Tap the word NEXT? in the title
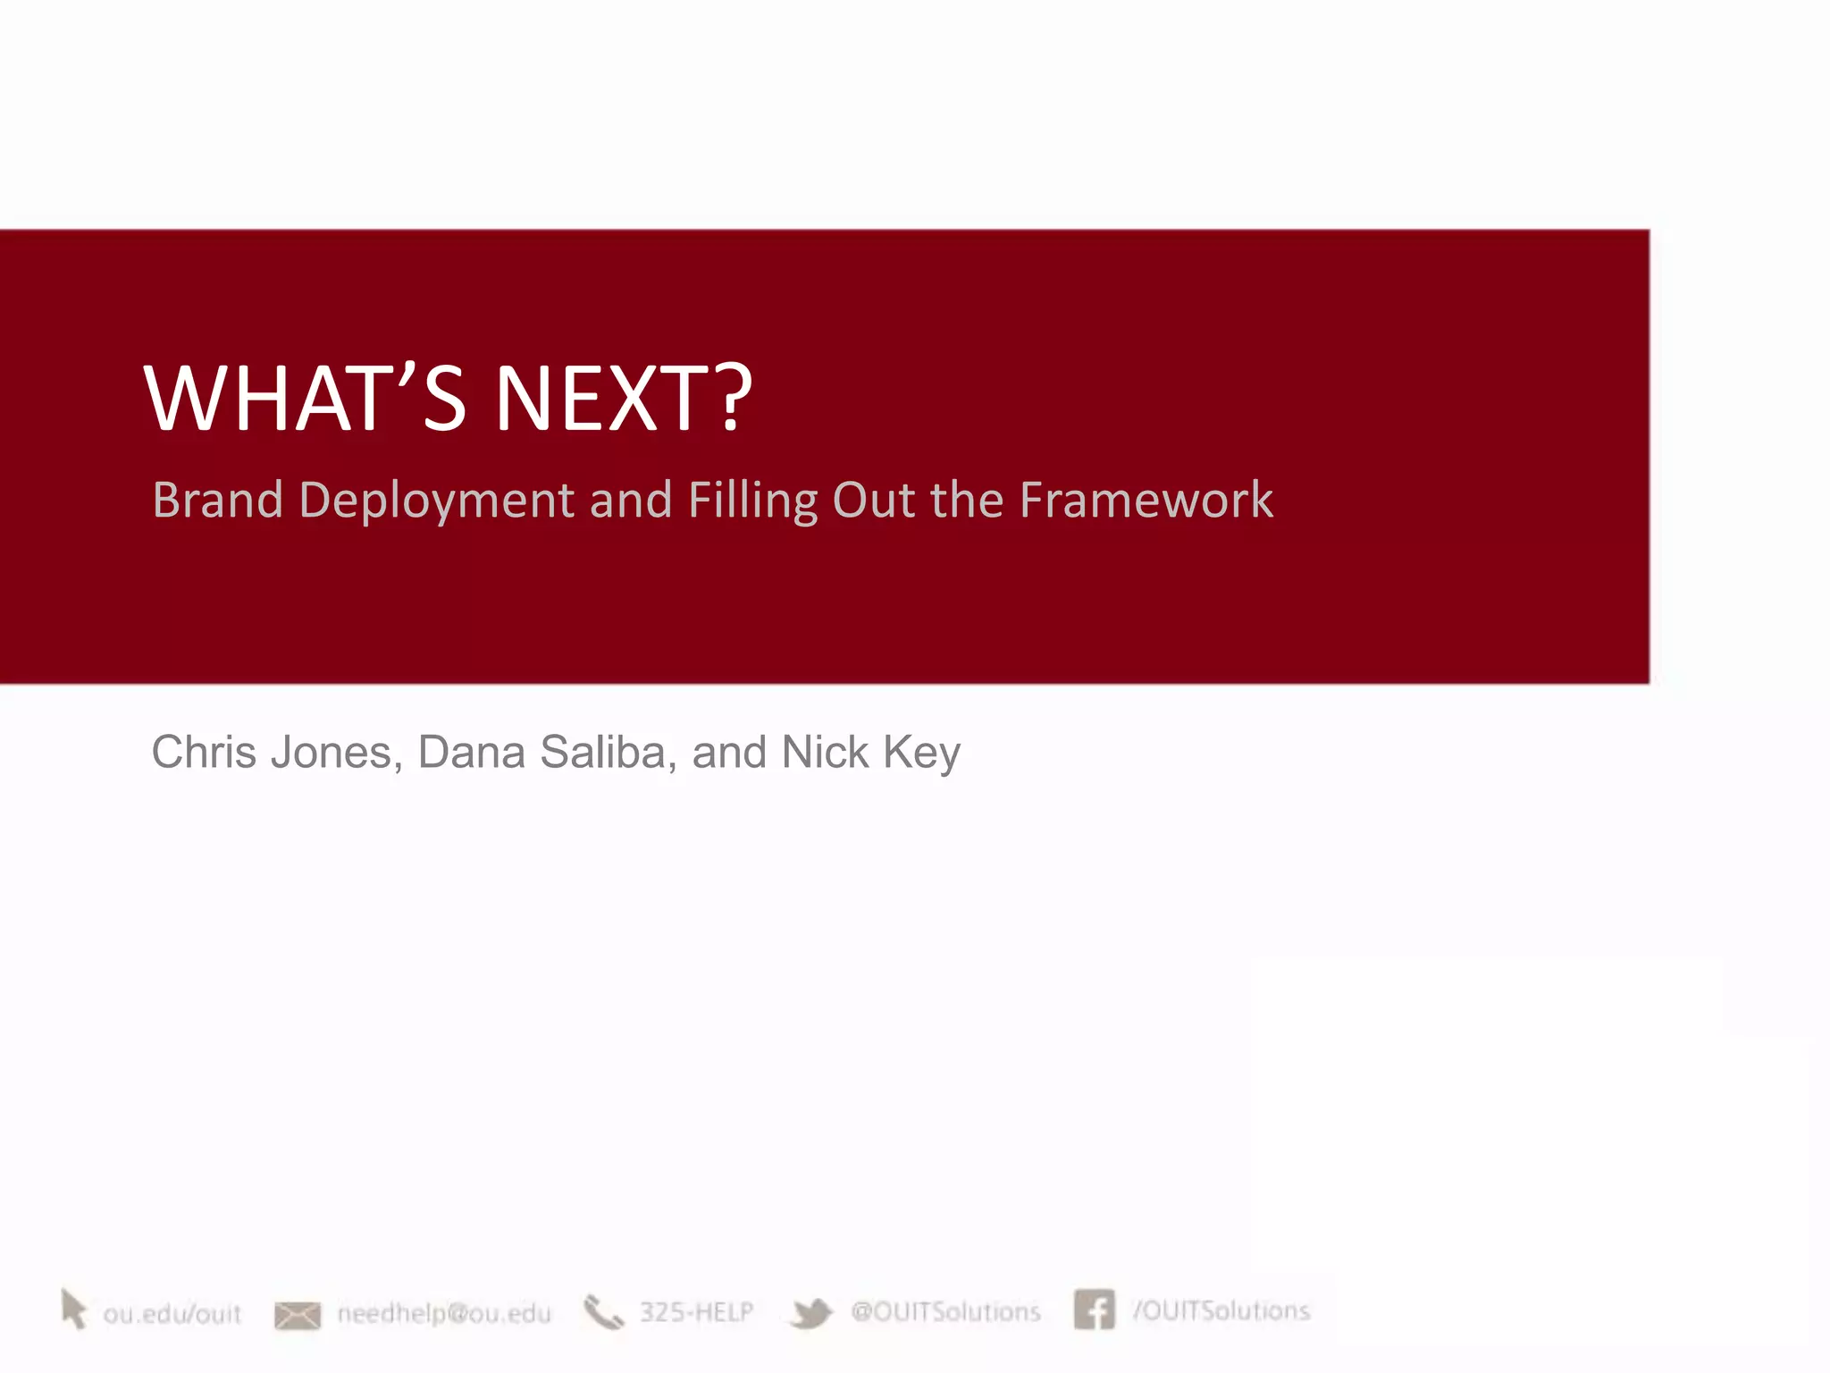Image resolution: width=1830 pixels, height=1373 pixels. [623, 399]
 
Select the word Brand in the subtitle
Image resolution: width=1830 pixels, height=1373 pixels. [217, 500]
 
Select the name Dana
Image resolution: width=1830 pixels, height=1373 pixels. [471, 752]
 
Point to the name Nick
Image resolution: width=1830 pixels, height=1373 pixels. [824, 752]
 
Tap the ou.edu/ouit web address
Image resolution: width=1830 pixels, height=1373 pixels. [172, 1314]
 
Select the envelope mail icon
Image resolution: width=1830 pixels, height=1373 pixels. [297, 1315]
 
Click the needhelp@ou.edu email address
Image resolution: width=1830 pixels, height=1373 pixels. [444, 1313]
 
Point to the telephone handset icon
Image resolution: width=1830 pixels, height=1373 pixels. [603, 1312]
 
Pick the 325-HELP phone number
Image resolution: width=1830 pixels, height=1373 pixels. [696, 1312]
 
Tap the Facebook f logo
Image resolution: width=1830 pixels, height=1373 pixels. [1094, 1310]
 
